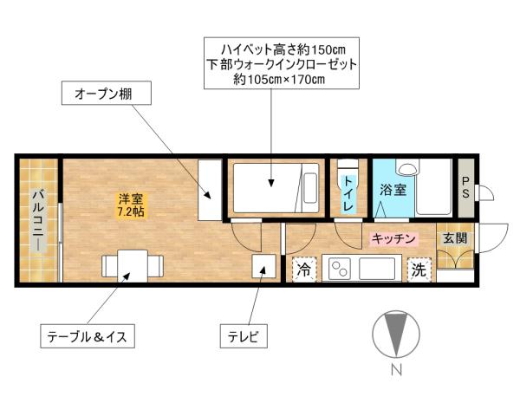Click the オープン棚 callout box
pyautogui.click(x=102, y=92)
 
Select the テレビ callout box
pyautogui.click(x=247, y=334)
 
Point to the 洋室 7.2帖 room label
pyautogui.click(x=131, y=205)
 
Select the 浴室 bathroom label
pyautogui.click(x=393, y=190)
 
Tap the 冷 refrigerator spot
pyautogui.click(x=304, y=269)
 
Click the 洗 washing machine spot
pyautogui.click(x=419, y=270)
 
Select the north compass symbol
pyautogui.click(x=394, y=335)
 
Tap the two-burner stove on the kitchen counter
pyautogui.click(x=337, y=269)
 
